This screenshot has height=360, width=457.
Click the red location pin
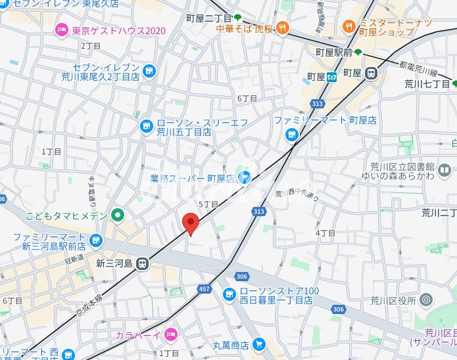[190, 223]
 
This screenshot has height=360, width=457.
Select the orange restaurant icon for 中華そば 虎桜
[282, 27]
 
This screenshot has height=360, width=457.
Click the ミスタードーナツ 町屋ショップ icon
[349, 27]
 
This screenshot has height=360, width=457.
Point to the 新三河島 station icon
[143, 263]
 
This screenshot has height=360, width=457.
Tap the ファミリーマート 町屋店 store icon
[291, 135]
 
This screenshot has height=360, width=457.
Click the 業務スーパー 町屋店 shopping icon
[245, 177]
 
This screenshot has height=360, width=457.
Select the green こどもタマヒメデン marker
[118, 214]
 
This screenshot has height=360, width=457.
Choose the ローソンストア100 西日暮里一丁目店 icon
[229, 294]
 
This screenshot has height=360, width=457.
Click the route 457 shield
[205, 290]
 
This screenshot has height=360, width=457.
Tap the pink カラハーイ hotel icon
[170, 334]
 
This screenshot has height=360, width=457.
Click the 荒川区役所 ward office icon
[425, 301]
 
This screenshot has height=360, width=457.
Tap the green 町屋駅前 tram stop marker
[358, 52]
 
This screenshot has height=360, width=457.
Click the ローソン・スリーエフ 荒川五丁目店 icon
[146, 127]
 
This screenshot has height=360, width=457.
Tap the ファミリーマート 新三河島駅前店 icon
[96, 240]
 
